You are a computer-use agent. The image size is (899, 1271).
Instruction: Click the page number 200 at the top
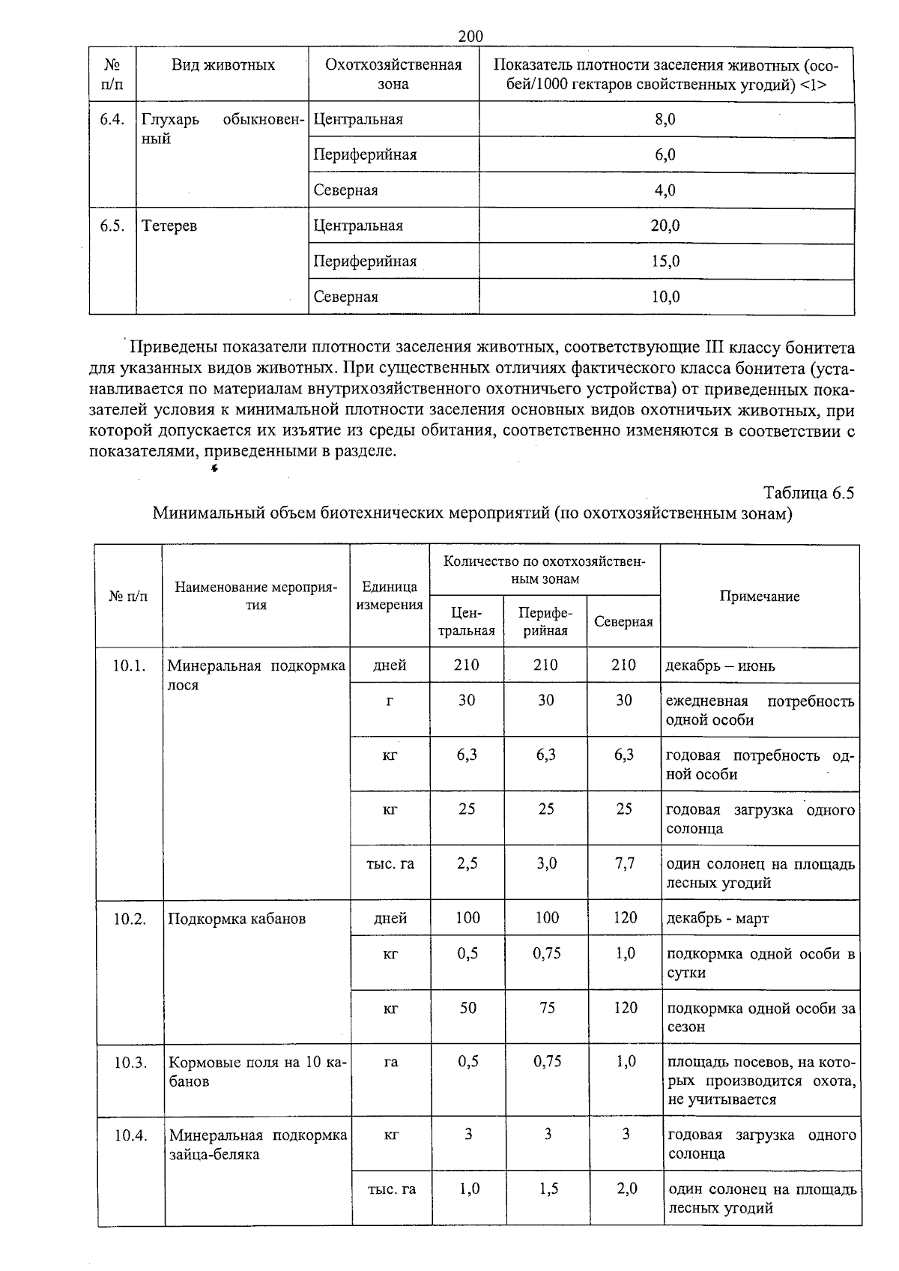470,36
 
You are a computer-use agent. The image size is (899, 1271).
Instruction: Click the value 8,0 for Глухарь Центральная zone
665,119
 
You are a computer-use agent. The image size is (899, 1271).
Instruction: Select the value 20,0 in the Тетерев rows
665,226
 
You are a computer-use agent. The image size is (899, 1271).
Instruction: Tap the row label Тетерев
169,226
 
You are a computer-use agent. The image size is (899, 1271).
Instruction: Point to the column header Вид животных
223,65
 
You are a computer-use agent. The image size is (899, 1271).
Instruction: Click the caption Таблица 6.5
808,493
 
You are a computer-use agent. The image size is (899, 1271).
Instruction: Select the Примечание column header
759,597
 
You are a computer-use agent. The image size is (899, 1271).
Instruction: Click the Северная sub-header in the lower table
623,621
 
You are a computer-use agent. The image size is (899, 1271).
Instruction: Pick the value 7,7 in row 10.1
624,863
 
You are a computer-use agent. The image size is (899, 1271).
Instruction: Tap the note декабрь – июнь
720,665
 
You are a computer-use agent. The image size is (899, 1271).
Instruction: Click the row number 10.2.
130,919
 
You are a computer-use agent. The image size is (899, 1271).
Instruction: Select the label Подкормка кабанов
237,919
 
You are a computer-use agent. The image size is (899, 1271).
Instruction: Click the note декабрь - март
718,919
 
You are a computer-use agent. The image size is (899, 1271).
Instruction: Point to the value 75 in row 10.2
547,1008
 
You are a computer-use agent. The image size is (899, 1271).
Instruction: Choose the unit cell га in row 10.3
390,1062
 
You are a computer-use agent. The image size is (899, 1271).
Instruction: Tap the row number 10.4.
130,1135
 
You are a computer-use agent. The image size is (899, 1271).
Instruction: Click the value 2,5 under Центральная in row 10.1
467,863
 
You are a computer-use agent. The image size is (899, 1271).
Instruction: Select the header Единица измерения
390,596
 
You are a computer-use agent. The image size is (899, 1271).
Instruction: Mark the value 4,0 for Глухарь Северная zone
665,190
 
